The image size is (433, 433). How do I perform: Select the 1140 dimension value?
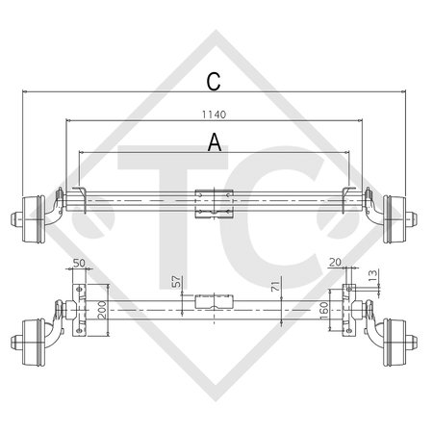[x=214, y=114]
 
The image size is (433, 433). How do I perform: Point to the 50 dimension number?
[x=78, y=264]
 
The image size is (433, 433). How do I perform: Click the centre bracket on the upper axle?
[x=215, y=204]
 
